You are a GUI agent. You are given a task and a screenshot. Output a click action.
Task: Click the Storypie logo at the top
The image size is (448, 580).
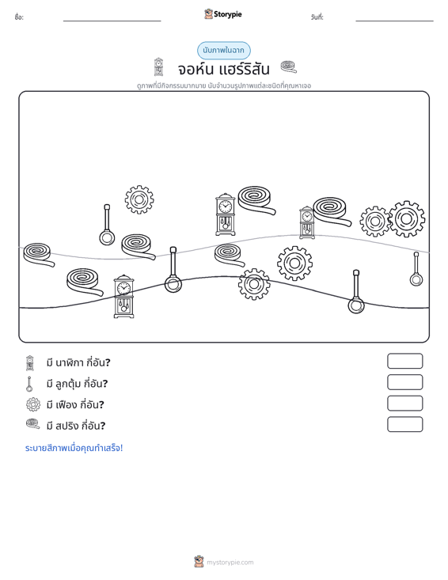point(223,14)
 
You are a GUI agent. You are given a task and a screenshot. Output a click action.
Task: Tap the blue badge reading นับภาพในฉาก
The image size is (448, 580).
point(223,51)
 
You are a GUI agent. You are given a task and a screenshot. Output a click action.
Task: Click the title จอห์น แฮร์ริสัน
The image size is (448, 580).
point(223,69)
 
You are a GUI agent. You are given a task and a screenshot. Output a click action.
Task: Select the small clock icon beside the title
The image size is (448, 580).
point(158,67)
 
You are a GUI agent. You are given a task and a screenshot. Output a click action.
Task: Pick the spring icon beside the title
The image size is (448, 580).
point(289,67)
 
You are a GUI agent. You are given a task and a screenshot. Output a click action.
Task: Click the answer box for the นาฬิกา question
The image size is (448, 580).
point(404,361)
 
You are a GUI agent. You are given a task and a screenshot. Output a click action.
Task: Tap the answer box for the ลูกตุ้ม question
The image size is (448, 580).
point(404,382)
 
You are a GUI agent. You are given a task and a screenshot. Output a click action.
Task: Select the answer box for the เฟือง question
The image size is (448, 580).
point(404,404)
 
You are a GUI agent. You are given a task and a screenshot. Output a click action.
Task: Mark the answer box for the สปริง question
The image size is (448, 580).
point(404,424)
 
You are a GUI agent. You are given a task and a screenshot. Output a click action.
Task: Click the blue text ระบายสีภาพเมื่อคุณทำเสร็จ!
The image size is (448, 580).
point(74,448)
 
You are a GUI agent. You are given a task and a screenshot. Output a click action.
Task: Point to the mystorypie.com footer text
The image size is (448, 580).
point(230,563)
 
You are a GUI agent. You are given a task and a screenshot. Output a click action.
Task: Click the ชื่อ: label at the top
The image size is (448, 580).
point(19,17)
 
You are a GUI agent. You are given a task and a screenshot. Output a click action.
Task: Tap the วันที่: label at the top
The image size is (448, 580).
point(317,17)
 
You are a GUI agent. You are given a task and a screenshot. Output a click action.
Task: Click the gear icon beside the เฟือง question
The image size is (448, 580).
point(33,404)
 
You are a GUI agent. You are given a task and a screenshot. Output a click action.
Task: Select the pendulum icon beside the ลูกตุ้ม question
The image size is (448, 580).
point(29,384)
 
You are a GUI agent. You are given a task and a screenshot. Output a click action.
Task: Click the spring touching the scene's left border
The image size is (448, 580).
point(39,255)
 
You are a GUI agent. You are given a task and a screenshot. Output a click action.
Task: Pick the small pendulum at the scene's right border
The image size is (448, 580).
point(416,269)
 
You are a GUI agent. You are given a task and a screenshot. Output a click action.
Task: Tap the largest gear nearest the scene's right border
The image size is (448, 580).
point(406,219)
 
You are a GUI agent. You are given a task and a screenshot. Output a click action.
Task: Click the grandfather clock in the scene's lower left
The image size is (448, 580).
point(123,296)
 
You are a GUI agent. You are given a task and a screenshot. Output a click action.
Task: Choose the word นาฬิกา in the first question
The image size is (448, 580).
point(69,362)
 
